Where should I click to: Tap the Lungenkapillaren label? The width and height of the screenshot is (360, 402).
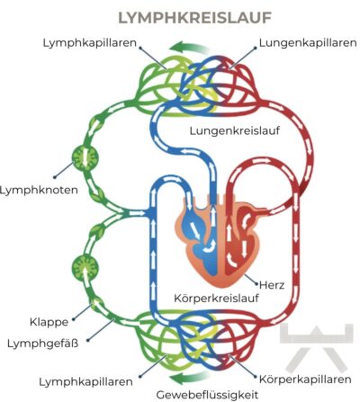click(x=302, y=42)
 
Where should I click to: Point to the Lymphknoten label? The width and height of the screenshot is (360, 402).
click(x=40, y=191)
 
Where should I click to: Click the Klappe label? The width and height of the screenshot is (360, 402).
click(x=45, y=320)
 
